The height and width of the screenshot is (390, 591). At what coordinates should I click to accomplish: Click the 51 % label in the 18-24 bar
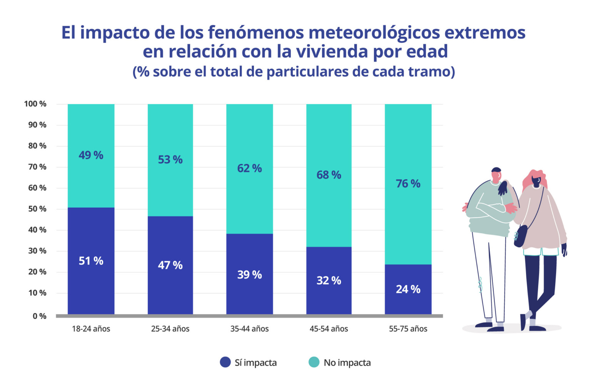[91, 261]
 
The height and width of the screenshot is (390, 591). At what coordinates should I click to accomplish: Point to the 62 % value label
[249, 168]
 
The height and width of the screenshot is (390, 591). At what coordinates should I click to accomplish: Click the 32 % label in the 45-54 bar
[329, 280]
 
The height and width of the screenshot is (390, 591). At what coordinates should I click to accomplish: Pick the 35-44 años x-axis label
[249, 329]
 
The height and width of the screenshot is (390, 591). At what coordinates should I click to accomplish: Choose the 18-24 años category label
[91, 329]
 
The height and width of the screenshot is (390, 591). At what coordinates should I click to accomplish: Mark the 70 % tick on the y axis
[37, 167]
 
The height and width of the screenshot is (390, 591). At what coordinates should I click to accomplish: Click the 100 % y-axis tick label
[35, 104]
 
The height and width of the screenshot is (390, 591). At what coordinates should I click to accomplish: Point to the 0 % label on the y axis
[39, 316]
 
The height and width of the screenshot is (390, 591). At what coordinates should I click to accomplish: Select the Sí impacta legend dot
[225, 362]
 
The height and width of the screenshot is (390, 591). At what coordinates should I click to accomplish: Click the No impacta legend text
[347, 363]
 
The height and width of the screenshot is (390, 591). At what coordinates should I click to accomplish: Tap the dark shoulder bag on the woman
[520, 235]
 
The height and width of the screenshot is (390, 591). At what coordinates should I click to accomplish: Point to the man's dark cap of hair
[496, 170]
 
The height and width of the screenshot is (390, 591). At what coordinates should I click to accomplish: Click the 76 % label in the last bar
[408, 183]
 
